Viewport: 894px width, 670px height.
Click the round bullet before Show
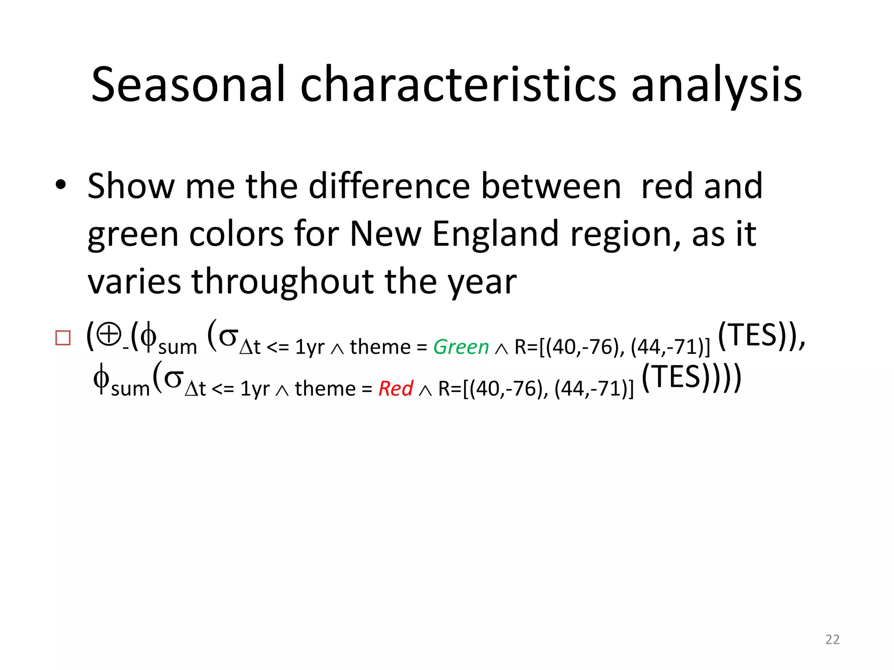pyautogui.click(x=61, y=185)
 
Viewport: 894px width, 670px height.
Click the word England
pyautogui.click(x=495, y=234)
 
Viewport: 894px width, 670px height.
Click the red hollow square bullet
pyautogui.click(x=63, y=338)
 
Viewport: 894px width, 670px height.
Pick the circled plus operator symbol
pyautogui.click(x=109, y=335)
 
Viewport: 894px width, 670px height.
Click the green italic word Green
pyautogui.click(x=461, y=347)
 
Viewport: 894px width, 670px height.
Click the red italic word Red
pyautogui.click(x=395, y=389)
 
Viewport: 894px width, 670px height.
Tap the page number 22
pyautogui.click(x=832, y=639)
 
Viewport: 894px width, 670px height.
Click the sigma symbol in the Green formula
pyautogui.click(x=228, y=336)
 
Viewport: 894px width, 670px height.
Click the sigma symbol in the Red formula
pyautogui.click(x=173, y=378)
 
